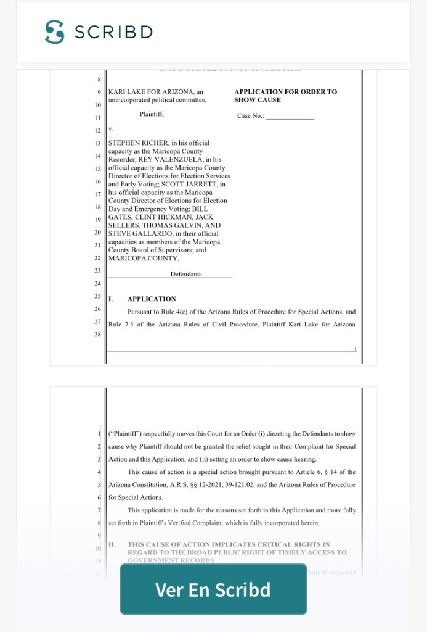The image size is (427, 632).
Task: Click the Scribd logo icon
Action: click(x=54, y=31)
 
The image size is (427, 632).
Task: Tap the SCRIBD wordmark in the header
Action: click(x=113, y=32)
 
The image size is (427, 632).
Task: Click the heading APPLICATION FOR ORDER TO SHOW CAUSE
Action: click(x=285, y=96)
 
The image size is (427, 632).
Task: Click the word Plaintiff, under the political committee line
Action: click(x=152, y=114)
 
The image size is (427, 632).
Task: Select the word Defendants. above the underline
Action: click(x=187, y=274)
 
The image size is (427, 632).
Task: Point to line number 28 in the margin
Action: click(x=97, y=334)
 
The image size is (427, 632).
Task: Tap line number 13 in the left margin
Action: click(x=97, y=143)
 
